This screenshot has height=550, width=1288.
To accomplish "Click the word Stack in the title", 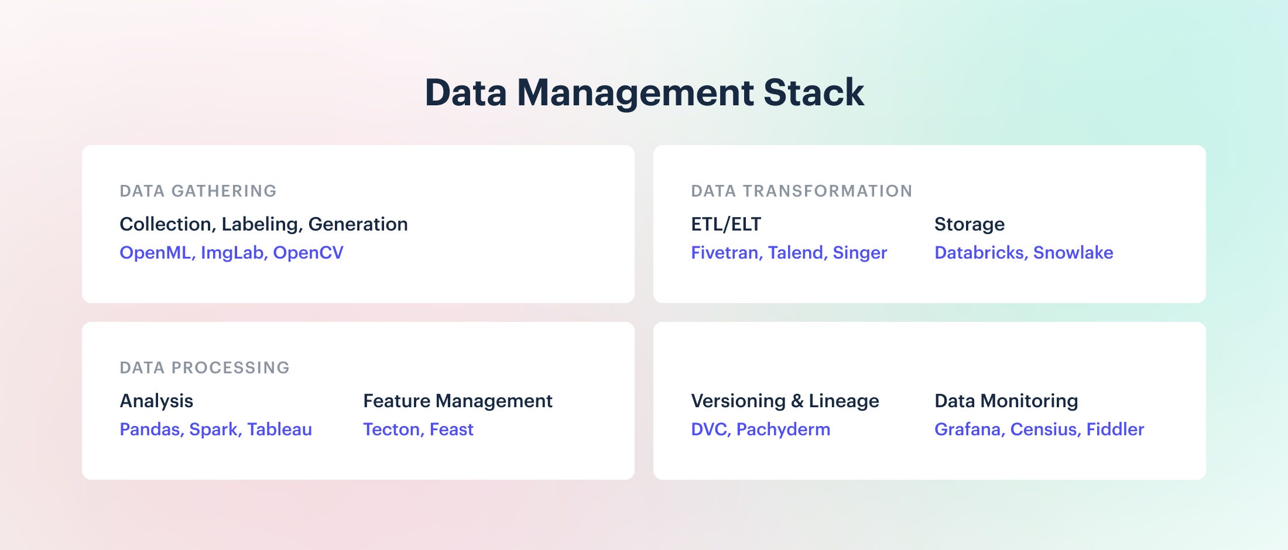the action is click(813, 92).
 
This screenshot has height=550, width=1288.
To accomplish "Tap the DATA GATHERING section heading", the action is click(198, 191).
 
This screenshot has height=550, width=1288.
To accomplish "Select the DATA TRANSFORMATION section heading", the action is click(801, 191).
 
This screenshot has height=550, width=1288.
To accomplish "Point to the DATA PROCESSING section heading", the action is click(204, 367).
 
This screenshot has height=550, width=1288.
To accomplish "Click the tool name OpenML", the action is click(156, 253).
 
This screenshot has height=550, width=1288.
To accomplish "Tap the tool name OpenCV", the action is click(308, 253).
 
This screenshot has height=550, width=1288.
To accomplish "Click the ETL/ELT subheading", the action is click(726, 224).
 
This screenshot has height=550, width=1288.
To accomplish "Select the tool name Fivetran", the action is click(725, 253).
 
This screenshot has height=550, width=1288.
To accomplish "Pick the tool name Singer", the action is click(860, 253).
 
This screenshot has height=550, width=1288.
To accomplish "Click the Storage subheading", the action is click(970, 224).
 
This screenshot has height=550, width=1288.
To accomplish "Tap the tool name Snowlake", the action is click(1073, 253).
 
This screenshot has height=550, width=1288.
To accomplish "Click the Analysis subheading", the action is click(156, 401).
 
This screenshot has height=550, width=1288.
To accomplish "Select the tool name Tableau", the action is click(279, 429).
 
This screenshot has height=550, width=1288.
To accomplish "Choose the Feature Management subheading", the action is click(458, 401).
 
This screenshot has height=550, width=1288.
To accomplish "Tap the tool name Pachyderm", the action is click(783, 429).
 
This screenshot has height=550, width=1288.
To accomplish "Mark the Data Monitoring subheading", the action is click(1006, 401).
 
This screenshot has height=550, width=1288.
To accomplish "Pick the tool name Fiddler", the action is click(1115, 429).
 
